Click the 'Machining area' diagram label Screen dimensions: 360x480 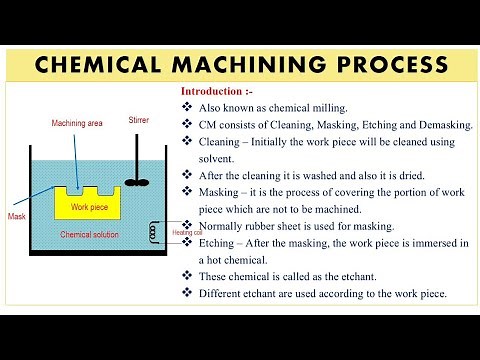pos(77,123)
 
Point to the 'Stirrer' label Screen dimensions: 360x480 pos(139,120)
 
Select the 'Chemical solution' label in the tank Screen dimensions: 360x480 pos(89,235)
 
